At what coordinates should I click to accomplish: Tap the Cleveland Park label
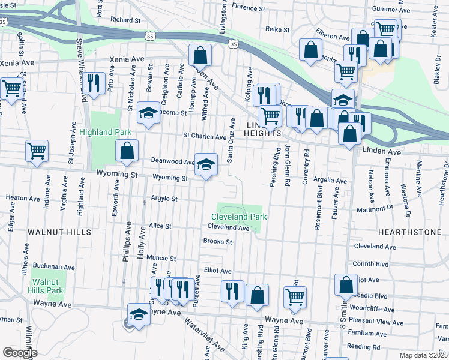tap(238, 217)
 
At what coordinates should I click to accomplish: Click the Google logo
tap(20, 353)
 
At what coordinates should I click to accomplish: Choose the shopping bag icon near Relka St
tap(310, 51)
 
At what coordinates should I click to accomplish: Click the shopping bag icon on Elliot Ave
tap(346, 286)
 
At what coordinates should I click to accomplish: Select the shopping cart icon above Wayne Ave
tap(295, 297)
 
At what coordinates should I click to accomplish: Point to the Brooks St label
tap(217, 242)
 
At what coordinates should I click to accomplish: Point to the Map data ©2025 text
tap(423, 355)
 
